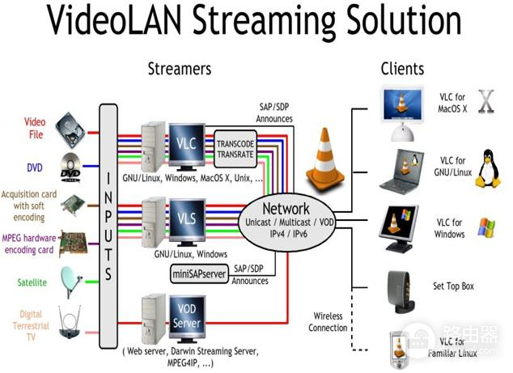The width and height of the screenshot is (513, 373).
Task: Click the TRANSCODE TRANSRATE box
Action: pos(235,149)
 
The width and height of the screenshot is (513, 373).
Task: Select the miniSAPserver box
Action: pos(199,273)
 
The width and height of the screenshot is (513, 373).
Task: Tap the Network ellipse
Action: pos(287,222)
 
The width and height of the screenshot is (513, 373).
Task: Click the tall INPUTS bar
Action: pos(108,226)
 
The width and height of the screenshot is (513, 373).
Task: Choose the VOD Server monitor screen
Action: pos(187,316)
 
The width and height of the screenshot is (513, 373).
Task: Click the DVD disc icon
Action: pos(70,167)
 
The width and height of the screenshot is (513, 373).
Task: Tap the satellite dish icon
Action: pos(71,282)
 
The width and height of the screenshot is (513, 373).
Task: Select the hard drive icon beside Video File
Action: pos(70,130)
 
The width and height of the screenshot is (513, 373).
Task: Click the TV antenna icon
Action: pos(70,322)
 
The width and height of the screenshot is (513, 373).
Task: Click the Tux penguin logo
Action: pos(488,169)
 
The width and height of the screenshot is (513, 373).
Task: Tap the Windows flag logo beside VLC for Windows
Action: pos(486,227)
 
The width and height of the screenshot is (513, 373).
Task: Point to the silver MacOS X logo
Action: pos(486,101)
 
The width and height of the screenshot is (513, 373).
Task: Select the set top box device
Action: pos(400,292)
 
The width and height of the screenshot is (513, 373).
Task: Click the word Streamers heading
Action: pos(180,69)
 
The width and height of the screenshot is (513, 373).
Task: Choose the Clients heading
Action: pos(402,69)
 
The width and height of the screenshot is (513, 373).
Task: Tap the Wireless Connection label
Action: pos(328,322)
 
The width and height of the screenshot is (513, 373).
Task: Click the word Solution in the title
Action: pos(404,20)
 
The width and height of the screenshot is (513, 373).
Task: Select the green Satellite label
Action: pos(32,282)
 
